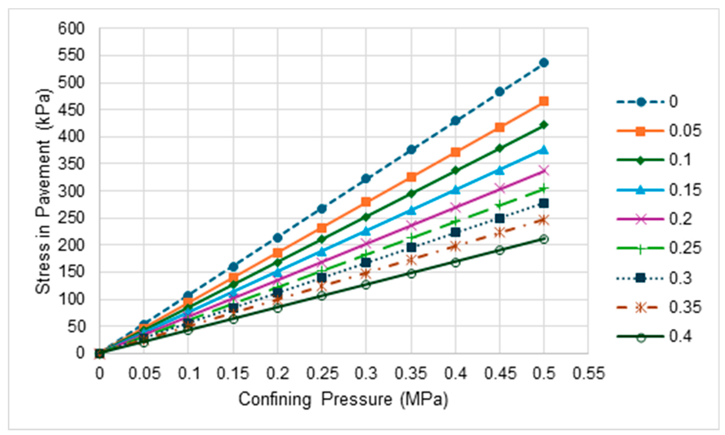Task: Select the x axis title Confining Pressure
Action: tap(343, 399)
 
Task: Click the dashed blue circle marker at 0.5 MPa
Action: tap(544, 63)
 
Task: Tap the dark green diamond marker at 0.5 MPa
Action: tap(544, 125)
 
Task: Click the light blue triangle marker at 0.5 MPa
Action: tap(544, 150)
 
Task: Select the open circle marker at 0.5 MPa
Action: tap(544, 239)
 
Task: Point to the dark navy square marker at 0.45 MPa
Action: tap(500, 218)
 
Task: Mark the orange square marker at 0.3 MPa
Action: tap(366, 202)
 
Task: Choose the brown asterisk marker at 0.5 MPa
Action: tap(544, 220)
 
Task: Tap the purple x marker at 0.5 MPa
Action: tap(544, 170)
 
